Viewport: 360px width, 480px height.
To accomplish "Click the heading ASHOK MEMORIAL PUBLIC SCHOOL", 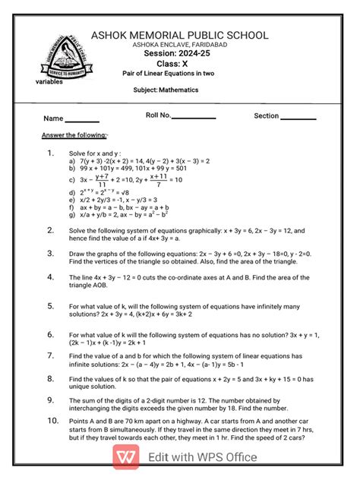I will coord(180,35).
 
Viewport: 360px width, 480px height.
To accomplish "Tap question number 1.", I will coord(50,153).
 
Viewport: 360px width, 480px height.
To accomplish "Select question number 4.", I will coord(50,277).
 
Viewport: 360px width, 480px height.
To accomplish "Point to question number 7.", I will coord(50,355).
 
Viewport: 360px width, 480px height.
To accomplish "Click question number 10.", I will coord(52,420).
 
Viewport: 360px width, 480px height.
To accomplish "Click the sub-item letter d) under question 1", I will coord(71,193).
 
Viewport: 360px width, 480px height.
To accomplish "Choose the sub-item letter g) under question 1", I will coord(71,214).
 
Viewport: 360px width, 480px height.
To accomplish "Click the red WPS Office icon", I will coord(127,456).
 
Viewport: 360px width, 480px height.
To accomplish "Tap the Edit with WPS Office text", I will coord(202,457).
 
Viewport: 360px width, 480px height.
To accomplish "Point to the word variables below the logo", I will coord(49,81).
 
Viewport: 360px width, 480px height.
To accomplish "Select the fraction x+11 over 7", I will coord(158,180).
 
